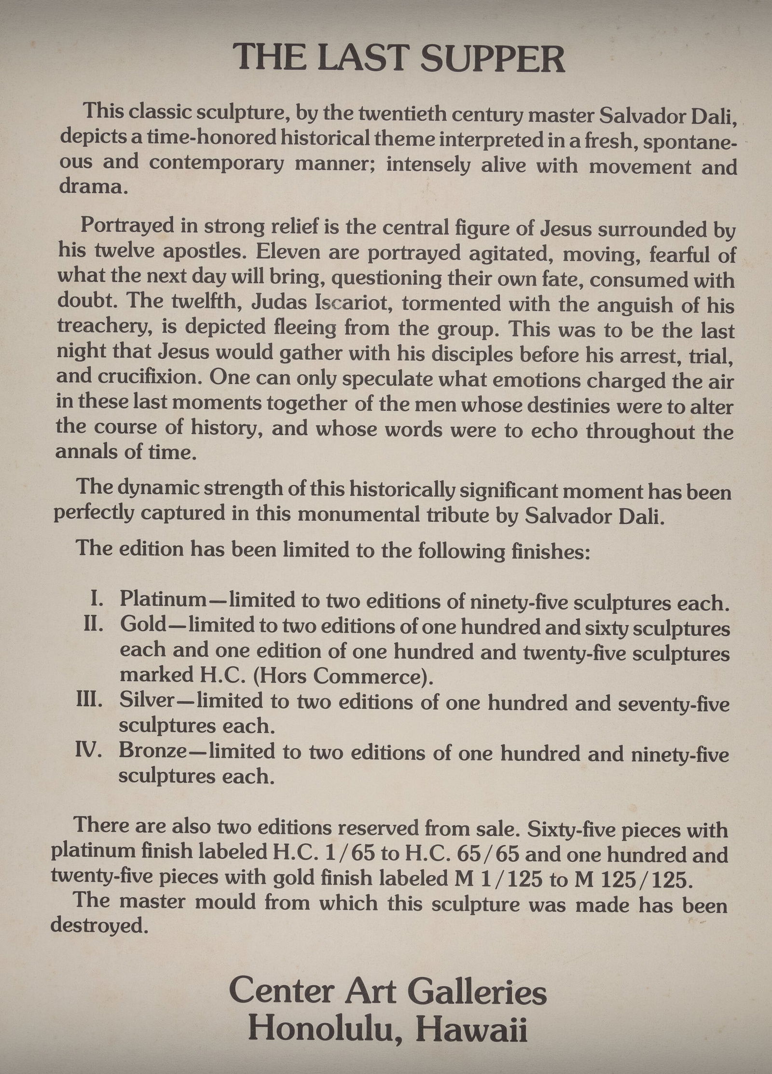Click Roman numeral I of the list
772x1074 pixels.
coord(96,600)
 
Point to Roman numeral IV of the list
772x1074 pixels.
coord(88,752)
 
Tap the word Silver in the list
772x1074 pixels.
coord(146,700)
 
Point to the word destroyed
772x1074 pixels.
coord(98,926)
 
